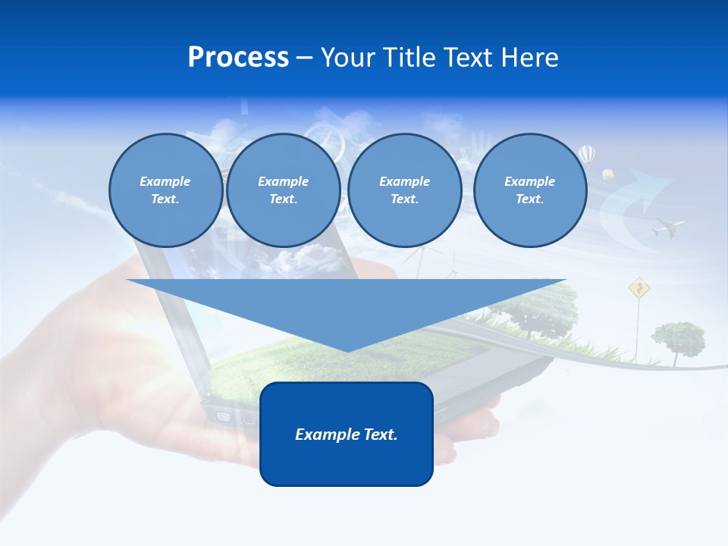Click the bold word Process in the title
click(x=238, y=57)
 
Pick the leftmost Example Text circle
click(x=165, y=190)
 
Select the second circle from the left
click(x=283, y=190)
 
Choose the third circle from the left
click(x=404, y=190)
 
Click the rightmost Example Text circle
click(x=529, y=190)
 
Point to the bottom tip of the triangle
click(x=347, y=350)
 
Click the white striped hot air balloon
click(x=587, y=156)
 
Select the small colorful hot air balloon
click(x=607, y=175)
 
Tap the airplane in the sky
click(x=667, y=227)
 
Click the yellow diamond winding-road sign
click(x=639, y=287)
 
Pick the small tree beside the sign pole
click(x=677, y=335)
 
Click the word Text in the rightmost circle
click(x=529, y=199)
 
